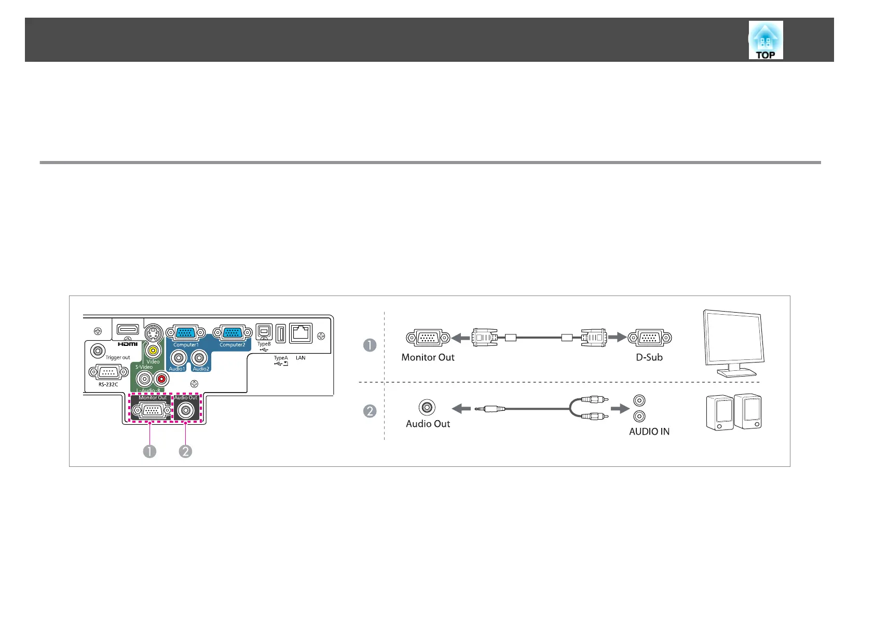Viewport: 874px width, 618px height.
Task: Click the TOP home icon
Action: point(766,40)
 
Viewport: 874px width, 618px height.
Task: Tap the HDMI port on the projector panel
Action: point(128,330)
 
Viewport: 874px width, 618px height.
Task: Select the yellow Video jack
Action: point(153,351)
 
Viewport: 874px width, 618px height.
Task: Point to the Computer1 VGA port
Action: point(185,333)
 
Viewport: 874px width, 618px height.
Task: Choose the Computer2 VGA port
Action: point(232,333)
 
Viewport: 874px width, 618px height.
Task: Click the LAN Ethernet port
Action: point(301,333)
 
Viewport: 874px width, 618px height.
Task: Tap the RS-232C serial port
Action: point(108,372)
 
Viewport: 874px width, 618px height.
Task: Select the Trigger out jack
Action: point(97,351)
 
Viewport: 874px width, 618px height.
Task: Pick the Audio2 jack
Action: point(199,357)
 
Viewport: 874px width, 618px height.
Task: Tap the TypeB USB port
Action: point(264,332)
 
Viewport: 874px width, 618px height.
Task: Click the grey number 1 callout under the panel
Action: point(149,451)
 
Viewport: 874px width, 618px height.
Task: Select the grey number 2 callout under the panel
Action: point(185,451)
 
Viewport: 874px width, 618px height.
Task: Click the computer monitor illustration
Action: point(733,343)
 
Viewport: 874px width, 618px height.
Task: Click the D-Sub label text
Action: point(649,357)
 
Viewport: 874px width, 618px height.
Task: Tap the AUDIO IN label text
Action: point(649,432)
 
